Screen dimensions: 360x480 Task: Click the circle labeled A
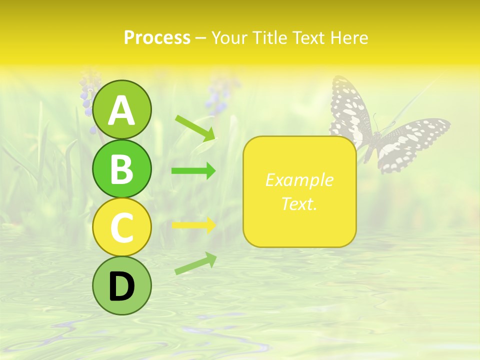(x=122, y=109)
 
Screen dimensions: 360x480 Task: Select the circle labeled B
(x=122, y=168)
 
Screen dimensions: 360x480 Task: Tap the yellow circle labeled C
(x=122, y=227)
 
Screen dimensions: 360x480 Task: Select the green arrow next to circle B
(x=193, y=171)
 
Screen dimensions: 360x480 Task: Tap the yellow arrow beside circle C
(x=193, y=225)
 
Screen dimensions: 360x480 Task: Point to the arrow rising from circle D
(x=195, y=263)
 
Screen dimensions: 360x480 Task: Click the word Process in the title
(x=157, y=38)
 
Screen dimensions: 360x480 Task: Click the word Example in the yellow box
(x=299, y=180)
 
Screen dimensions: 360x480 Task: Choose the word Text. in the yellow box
(x=299, y=203)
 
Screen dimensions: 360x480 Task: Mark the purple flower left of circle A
(x=89, y=102)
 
